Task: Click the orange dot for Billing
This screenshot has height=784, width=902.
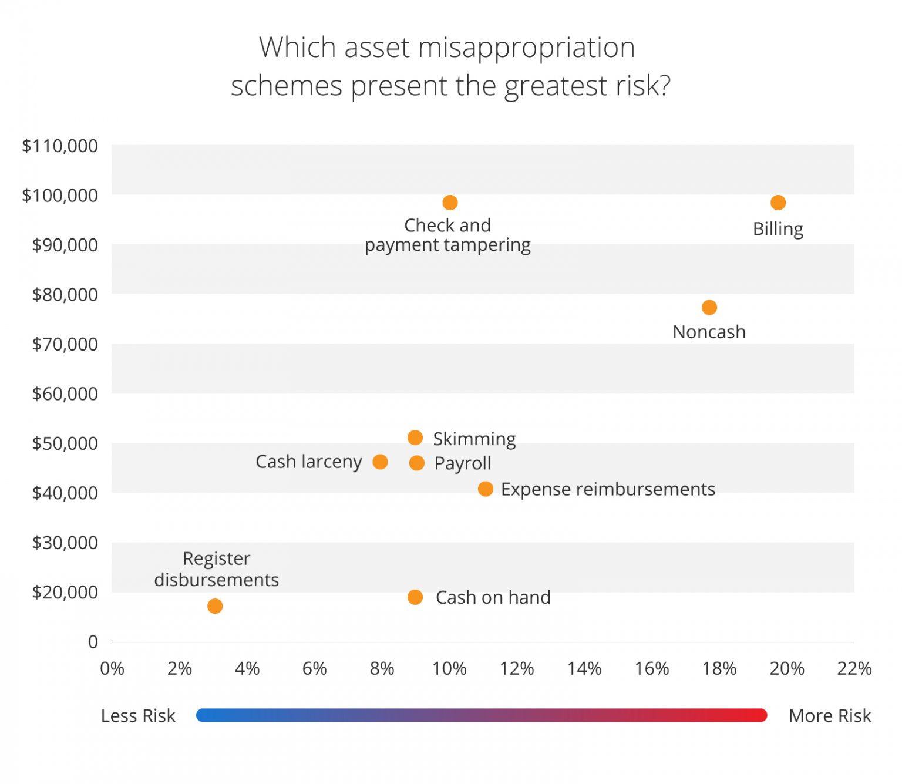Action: click(x=778, y=203)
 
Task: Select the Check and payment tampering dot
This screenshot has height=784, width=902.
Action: click(x=450, y=203)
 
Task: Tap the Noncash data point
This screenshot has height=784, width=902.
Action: click(x=709, y=307)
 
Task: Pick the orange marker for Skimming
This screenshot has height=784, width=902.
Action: click(x=415, y=438)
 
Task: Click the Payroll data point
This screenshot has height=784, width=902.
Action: click(x=416, y=463)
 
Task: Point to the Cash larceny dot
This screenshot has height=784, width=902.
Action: click(x=380, y=462)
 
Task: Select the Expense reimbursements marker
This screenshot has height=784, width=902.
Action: click(x=485, y=489)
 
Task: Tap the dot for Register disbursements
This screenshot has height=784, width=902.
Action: click(x=215, y=605)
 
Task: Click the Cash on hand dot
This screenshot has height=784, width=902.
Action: click(x=415, y=597)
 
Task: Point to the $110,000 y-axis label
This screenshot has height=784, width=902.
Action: click(x=60, y=146)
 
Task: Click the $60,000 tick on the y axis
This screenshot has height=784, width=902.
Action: click(x=65, y=393)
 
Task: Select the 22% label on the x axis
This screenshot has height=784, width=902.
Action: click(x=854, y=668)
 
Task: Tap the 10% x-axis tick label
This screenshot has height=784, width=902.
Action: click(x=449, y=668)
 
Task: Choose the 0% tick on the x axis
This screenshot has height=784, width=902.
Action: click(x=112, y=668)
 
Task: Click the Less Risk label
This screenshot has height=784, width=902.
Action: click(x=138, y=715)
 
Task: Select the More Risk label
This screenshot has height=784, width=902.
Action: click(x=829, y=715)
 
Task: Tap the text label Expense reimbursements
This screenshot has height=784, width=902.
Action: click(x=608, y=489)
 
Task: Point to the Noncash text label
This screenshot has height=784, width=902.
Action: click(x=709, y=332)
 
